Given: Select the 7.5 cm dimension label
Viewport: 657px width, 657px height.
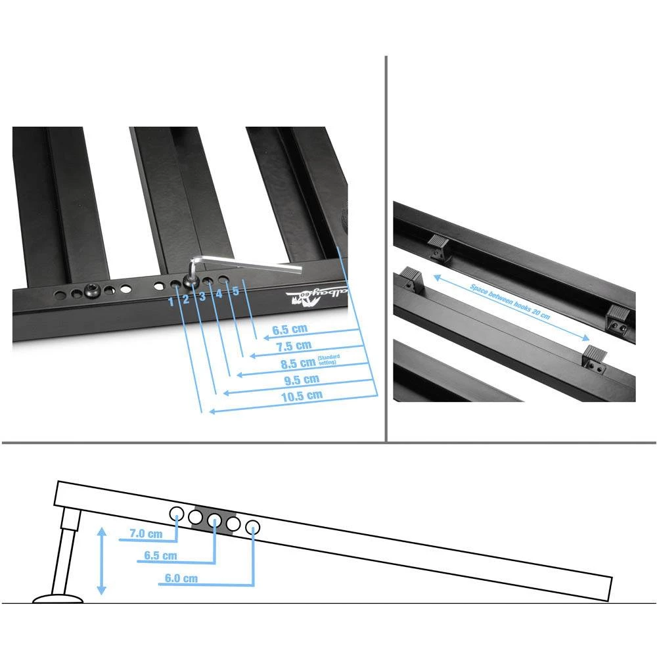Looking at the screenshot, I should click(x=294, y=346).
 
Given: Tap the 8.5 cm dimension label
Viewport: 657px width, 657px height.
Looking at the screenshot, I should click(x=297, y=362).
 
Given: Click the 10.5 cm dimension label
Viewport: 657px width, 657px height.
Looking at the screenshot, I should click(x=302, y=396).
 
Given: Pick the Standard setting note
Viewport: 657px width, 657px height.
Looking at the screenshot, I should click(x=328, y=359).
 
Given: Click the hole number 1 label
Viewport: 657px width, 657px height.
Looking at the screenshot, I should click(x=171, y=301).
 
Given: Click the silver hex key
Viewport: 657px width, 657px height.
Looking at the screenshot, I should click(x=263, y=265).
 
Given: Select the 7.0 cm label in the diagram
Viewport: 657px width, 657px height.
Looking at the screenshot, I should click(x=146, y=534).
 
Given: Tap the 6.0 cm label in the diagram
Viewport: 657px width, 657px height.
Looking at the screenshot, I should click(x=181, y=579).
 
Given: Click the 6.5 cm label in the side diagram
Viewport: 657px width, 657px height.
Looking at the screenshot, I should click(x=160, y=556).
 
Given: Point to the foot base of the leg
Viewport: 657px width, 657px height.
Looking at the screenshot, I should click(x=58, y=599).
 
